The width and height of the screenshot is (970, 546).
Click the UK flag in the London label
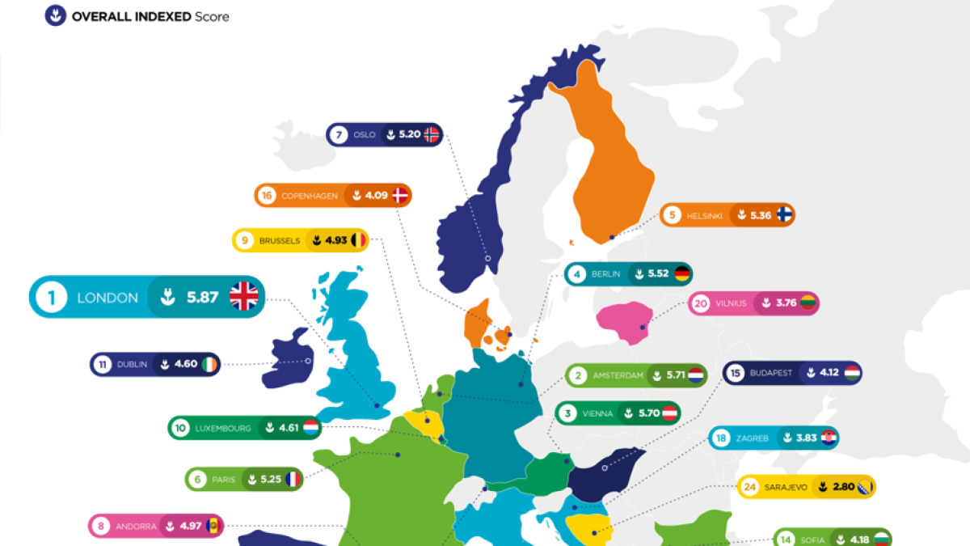click(243, 297)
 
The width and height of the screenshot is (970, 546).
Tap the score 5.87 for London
click(202, 297)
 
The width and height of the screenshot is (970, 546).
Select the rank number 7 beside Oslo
click(338, 135)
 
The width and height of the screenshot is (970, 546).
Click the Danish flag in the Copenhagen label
click(399, 195)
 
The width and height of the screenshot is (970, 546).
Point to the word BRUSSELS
click(280, 240)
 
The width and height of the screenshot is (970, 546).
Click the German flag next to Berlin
click(681, 274)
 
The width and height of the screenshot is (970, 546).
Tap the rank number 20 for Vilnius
click(700, 304)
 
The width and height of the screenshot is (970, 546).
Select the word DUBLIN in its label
click(133, 365)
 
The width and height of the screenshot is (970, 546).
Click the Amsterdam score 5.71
click(674, 375)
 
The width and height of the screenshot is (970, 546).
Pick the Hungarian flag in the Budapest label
click(852, 374)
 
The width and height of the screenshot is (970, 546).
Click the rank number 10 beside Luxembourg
click(179, 428)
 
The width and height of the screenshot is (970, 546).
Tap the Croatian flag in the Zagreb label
click(829, 438)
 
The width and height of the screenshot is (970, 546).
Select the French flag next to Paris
click(292, 480)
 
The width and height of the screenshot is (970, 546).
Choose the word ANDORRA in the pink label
click(136, 527)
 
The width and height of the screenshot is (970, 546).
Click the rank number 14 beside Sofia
click(784, 540)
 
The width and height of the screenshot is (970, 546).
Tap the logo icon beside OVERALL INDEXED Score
click(56, 15)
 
